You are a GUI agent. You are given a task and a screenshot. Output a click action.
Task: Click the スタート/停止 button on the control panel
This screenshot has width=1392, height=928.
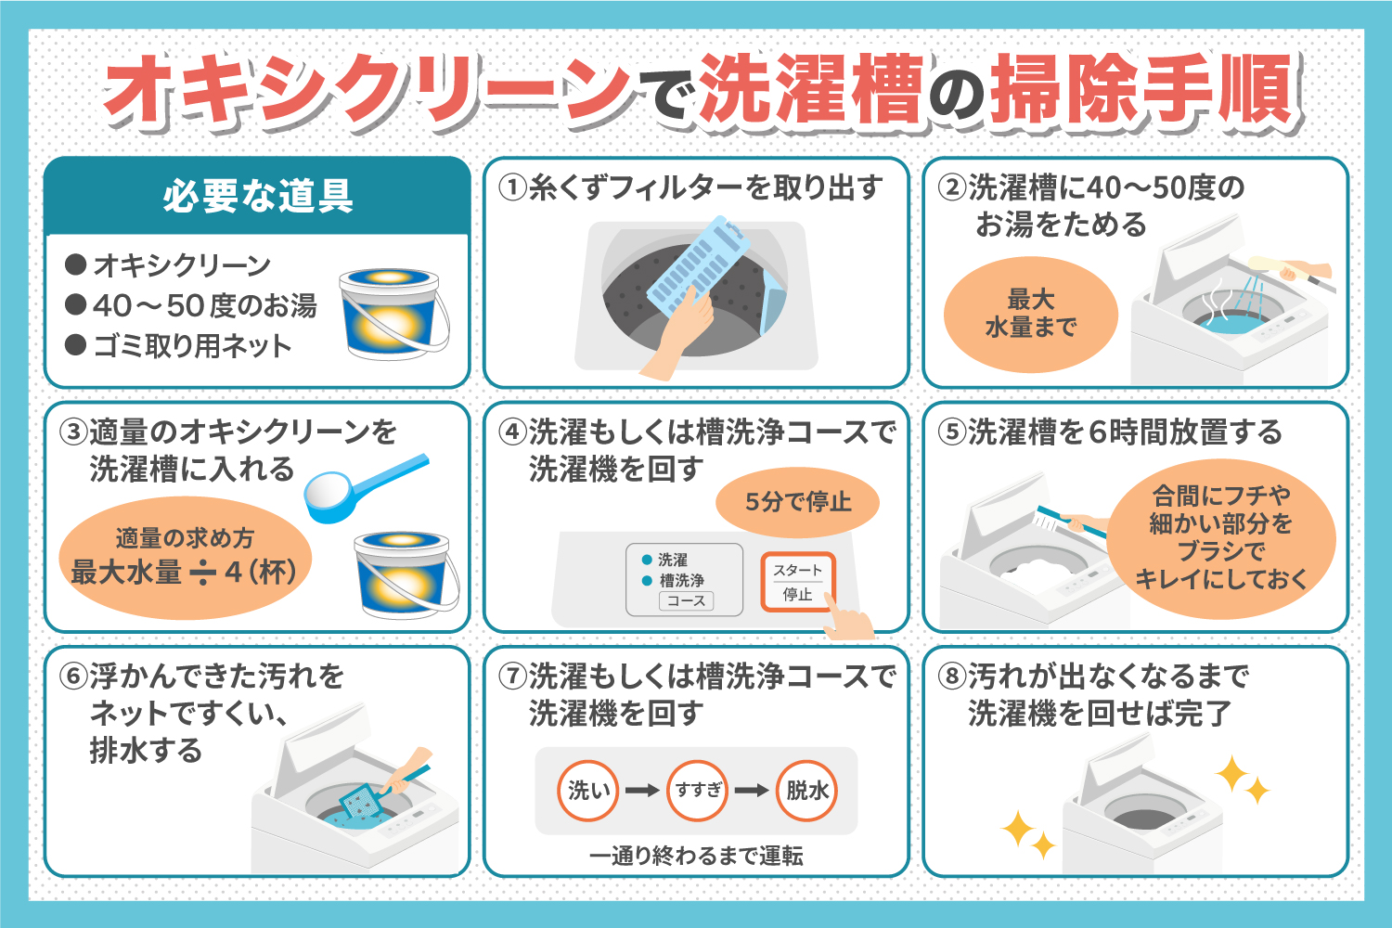coord(797,582)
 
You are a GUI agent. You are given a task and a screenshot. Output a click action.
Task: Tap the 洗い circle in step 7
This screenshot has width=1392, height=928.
coord(588,791)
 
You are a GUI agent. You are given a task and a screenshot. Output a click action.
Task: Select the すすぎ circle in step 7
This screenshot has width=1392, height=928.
coord(698,791)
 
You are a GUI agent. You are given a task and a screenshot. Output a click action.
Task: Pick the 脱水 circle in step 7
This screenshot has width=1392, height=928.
coord(807,791)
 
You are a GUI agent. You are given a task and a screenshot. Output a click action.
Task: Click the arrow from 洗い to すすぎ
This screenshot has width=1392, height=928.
coord(642,791)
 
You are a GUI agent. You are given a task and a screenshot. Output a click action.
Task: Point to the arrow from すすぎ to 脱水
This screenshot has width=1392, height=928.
coord(752,791)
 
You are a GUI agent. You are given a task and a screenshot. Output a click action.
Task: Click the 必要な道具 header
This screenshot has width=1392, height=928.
coord(257,197)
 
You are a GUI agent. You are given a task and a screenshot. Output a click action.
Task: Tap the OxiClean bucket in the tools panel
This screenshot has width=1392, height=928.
coord(393,313)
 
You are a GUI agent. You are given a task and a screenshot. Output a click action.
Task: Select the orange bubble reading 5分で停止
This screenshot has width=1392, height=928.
coord(797,502)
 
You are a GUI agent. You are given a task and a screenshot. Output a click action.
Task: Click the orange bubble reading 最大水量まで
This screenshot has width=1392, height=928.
coord(1030,314)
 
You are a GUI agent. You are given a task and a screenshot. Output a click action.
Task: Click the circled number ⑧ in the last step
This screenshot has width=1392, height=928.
coord(952,677)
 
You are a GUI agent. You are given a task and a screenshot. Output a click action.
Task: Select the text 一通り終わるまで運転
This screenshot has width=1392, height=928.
coord(696,856)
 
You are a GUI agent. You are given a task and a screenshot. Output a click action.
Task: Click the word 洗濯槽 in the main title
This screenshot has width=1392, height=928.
coord(811,90)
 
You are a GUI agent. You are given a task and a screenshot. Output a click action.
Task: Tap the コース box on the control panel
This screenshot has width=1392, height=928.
coord(686,601)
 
